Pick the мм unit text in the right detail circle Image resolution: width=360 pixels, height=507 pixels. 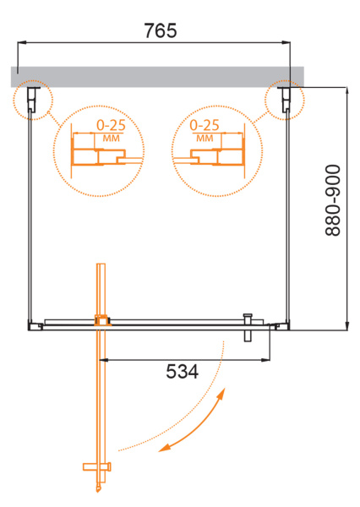pyautogui.click(x=204, y=138)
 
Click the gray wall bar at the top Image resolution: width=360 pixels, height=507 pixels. pyautogui.click(x=156, y=76)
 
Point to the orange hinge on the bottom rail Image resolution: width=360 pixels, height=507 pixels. pyautogui.click(x=103, y=320)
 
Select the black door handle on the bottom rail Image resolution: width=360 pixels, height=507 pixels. pyautogui.click(x=248, y=325)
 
